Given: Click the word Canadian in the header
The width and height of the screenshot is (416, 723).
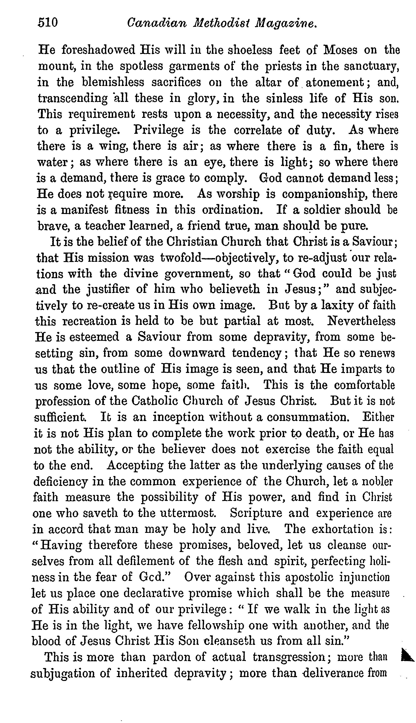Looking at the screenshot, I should click(156, 23).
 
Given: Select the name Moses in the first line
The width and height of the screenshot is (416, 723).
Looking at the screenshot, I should click(340, 50).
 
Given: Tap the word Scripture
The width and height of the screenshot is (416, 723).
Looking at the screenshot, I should click(256, 513).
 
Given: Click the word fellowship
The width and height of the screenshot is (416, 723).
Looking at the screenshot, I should click(216, 625).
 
